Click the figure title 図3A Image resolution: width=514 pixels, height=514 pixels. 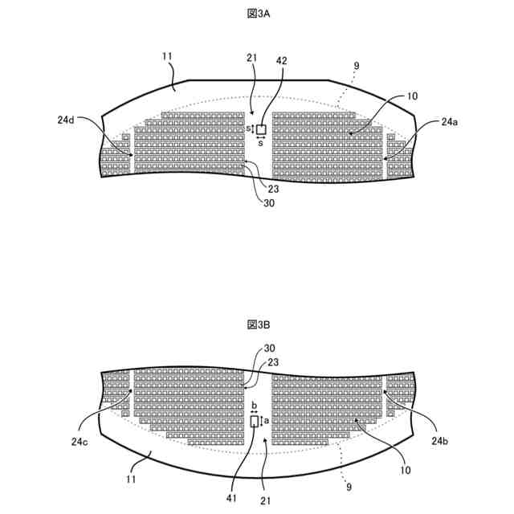[258, 14]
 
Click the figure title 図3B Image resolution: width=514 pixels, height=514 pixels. [258, 324]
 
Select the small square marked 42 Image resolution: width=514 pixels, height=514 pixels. [261, 129]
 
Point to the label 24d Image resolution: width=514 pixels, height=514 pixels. [67, 120]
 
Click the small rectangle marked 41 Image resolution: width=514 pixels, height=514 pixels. [255, 422]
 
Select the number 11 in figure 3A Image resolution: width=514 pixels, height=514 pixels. [166, 56]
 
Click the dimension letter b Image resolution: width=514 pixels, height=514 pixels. [254, 406]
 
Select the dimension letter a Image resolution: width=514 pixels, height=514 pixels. [267, 421]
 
